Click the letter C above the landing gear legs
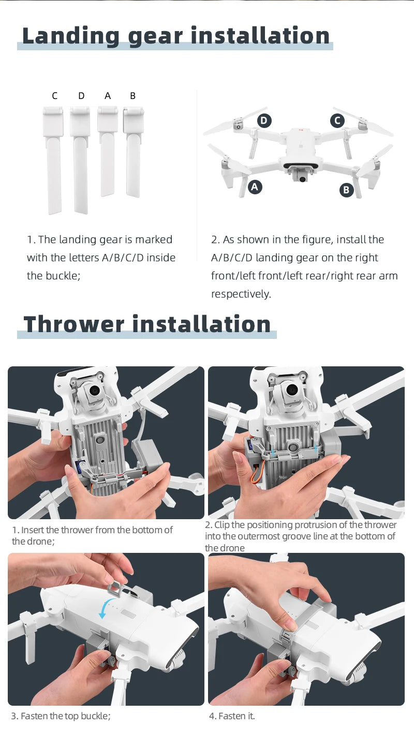pos(55,96)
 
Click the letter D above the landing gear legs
pos(81,96)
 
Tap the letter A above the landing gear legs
pos(108,96)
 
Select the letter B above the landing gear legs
pos(132,96)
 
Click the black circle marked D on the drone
pos(264,121)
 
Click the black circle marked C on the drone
pos(337,121)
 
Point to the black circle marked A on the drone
pos(254,187)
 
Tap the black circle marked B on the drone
pos(346,190)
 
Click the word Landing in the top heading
pos(71,36)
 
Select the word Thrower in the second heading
pos(73,324)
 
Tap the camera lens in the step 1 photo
pos(94,390)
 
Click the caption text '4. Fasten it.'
pos(232,716)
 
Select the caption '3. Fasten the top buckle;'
pos(61,716)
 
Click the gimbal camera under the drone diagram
pos(301,178)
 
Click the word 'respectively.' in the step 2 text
pos(241,294)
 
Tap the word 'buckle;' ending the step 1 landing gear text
pos(53,276)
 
